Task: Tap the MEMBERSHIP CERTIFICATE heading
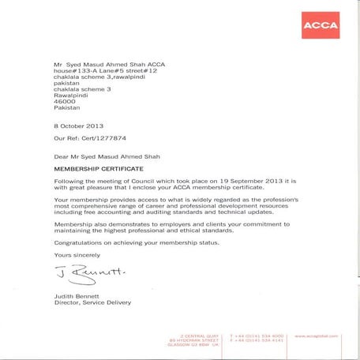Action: pyautogui.click(x=98, y=169)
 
